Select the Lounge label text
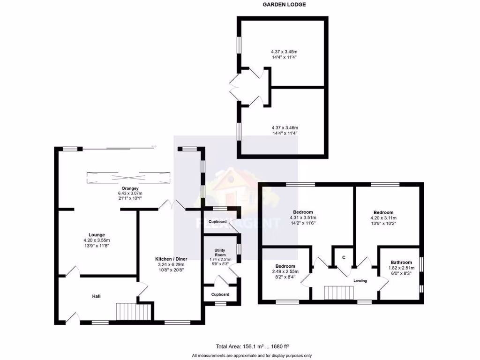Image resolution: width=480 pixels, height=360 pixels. pyautogui.click(x=97, y=235)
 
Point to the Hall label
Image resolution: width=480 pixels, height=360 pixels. pyautogui.click(x=97, y=296)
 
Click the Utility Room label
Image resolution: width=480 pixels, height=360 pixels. pyautogui.click(x=220, y=253)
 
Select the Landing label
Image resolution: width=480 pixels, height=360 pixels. pyautogui.click(x=360, y=281)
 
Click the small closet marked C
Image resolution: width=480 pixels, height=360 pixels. pyautogui.click(x=343, y=257)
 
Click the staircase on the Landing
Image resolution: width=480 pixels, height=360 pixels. pyautogui.click(x=339, y=292)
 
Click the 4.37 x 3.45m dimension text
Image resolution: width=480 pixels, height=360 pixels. pyautogui.click(x=284, y=51)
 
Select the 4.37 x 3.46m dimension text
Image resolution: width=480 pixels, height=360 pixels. pyautogui.click(x=285, y=127)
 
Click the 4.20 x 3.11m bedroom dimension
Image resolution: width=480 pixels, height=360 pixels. pyautogui.click(x=383, y=217)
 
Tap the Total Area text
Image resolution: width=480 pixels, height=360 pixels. pyautogui.click(x=252, y=347)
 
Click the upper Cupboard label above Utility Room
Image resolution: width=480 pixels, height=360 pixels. pyautogui.click(x=218, y=221)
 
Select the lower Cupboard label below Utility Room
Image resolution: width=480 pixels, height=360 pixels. pyautogui.click(x=220, y=294)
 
